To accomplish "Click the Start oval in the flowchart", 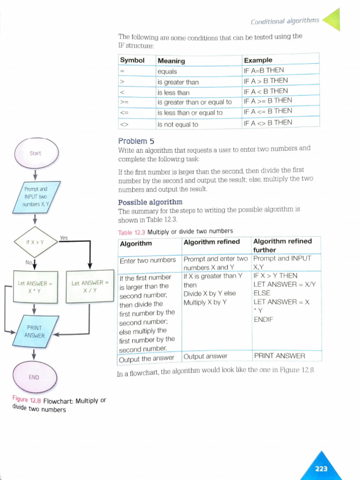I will [36, 153].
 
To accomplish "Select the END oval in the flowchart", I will [34, 377].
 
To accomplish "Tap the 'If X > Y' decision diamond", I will [35, 243].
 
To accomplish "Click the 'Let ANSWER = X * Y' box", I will [34, 287].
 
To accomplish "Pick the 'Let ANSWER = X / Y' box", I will [90, 287].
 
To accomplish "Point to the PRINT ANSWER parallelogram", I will [35, 331].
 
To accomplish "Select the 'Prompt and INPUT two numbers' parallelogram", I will [36, 197].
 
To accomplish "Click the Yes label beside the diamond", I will [64, 238].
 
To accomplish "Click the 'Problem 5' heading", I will [136, 141].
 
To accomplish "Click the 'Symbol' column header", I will [132, 60].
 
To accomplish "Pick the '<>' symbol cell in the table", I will [124, 125].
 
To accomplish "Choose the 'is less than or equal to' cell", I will [190, 113].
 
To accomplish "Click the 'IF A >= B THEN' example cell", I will [268, 100].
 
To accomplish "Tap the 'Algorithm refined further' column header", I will [282, 245].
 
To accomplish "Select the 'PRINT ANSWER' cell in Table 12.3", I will [279, 356].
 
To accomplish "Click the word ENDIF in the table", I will [263, 320].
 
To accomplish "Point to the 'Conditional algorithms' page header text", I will [285, 21].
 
